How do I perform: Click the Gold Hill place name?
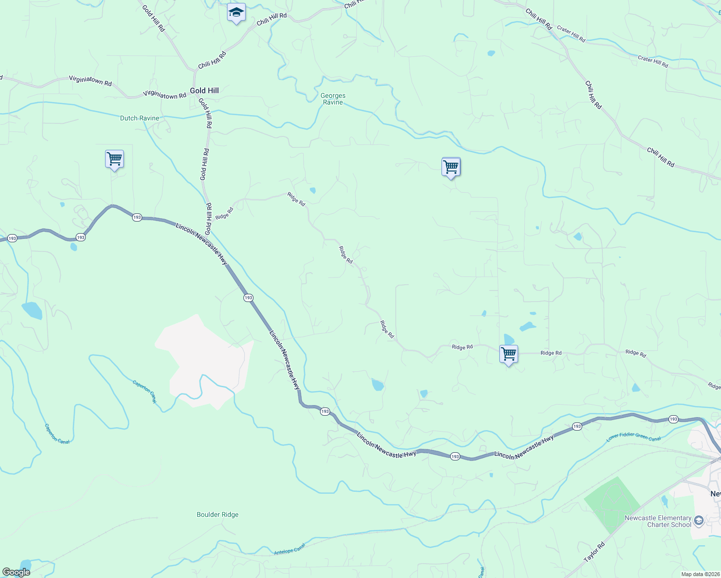[204, 91]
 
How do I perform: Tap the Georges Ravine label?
[333, 99]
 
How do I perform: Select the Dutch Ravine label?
[139, 118]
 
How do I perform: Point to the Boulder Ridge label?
[217, 514]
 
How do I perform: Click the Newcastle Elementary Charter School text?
[658, 521]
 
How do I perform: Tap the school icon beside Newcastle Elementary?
[699, 520]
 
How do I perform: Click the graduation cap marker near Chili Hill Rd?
[236, 13]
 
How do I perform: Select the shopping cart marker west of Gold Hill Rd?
[114, 159]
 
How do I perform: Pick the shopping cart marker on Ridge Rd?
[508, 354]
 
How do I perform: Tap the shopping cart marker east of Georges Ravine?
[451, 167]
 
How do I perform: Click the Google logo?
[15, 572]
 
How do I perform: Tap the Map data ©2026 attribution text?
[700, 574]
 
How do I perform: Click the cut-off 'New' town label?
[716, 494]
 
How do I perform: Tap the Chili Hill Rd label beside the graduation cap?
[271, 19]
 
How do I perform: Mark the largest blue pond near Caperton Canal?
[32, 310]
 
